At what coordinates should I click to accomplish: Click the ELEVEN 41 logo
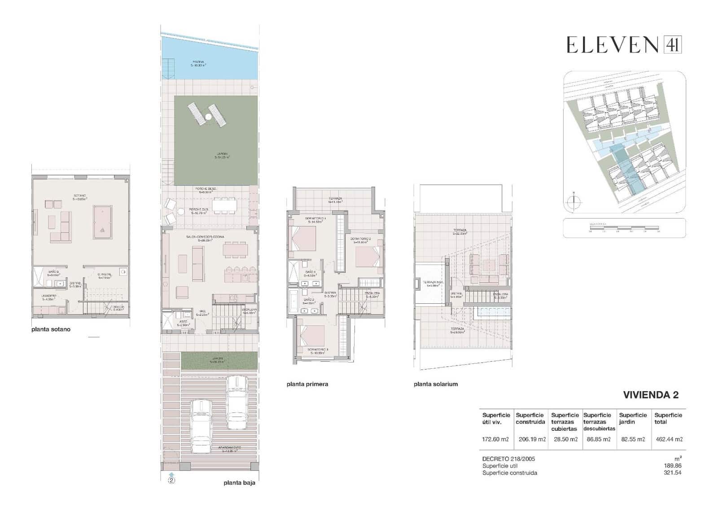click(x=624, y=45)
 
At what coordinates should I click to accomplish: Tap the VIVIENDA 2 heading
click(x=651, y=395)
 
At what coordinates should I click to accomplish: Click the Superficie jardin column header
click(x=632, y=418)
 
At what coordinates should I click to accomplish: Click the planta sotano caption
click(x=51, y=329)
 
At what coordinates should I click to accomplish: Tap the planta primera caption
click(x=307, y=384)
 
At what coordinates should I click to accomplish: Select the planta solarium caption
click(x=436, y=384)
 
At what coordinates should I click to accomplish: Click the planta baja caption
click(x=239, y=483)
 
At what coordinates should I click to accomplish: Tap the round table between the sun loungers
click(x=209, y=117)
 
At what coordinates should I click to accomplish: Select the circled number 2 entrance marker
click(x=171, y=480)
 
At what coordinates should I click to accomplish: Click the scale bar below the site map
click(x=624, y=228)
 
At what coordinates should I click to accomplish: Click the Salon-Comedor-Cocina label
click(x=205, y=237)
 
